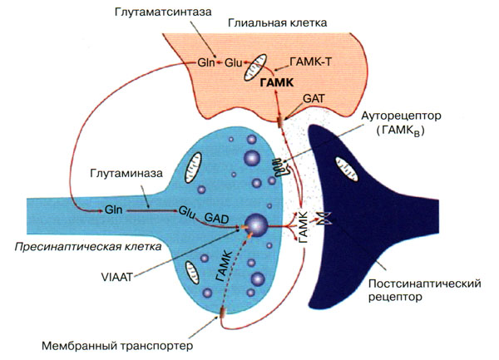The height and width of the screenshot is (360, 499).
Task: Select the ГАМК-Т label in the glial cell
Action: pos(312,62)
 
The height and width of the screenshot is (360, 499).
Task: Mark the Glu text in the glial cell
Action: pos(232,61)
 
